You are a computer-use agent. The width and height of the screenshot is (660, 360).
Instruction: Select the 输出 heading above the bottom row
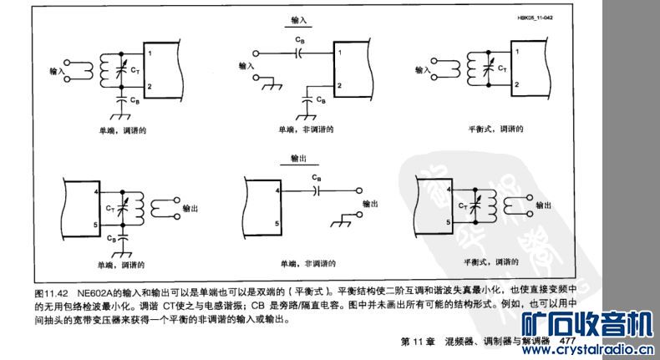coord(299,156)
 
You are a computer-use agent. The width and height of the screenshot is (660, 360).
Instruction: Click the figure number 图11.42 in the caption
coord(51,293)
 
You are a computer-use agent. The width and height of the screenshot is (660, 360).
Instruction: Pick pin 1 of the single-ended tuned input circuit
coord(150,54)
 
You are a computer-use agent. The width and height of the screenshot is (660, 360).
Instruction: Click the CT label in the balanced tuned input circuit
coord(500,69)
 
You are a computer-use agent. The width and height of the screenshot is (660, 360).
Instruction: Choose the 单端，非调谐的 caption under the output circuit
coord(307,264)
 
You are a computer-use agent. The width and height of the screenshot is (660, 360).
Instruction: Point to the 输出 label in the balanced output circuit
coord(543,205)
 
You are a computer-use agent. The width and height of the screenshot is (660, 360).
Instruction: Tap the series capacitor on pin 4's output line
coord(315,190)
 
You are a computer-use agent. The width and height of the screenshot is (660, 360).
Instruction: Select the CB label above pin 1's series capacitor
coord(299,39)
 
